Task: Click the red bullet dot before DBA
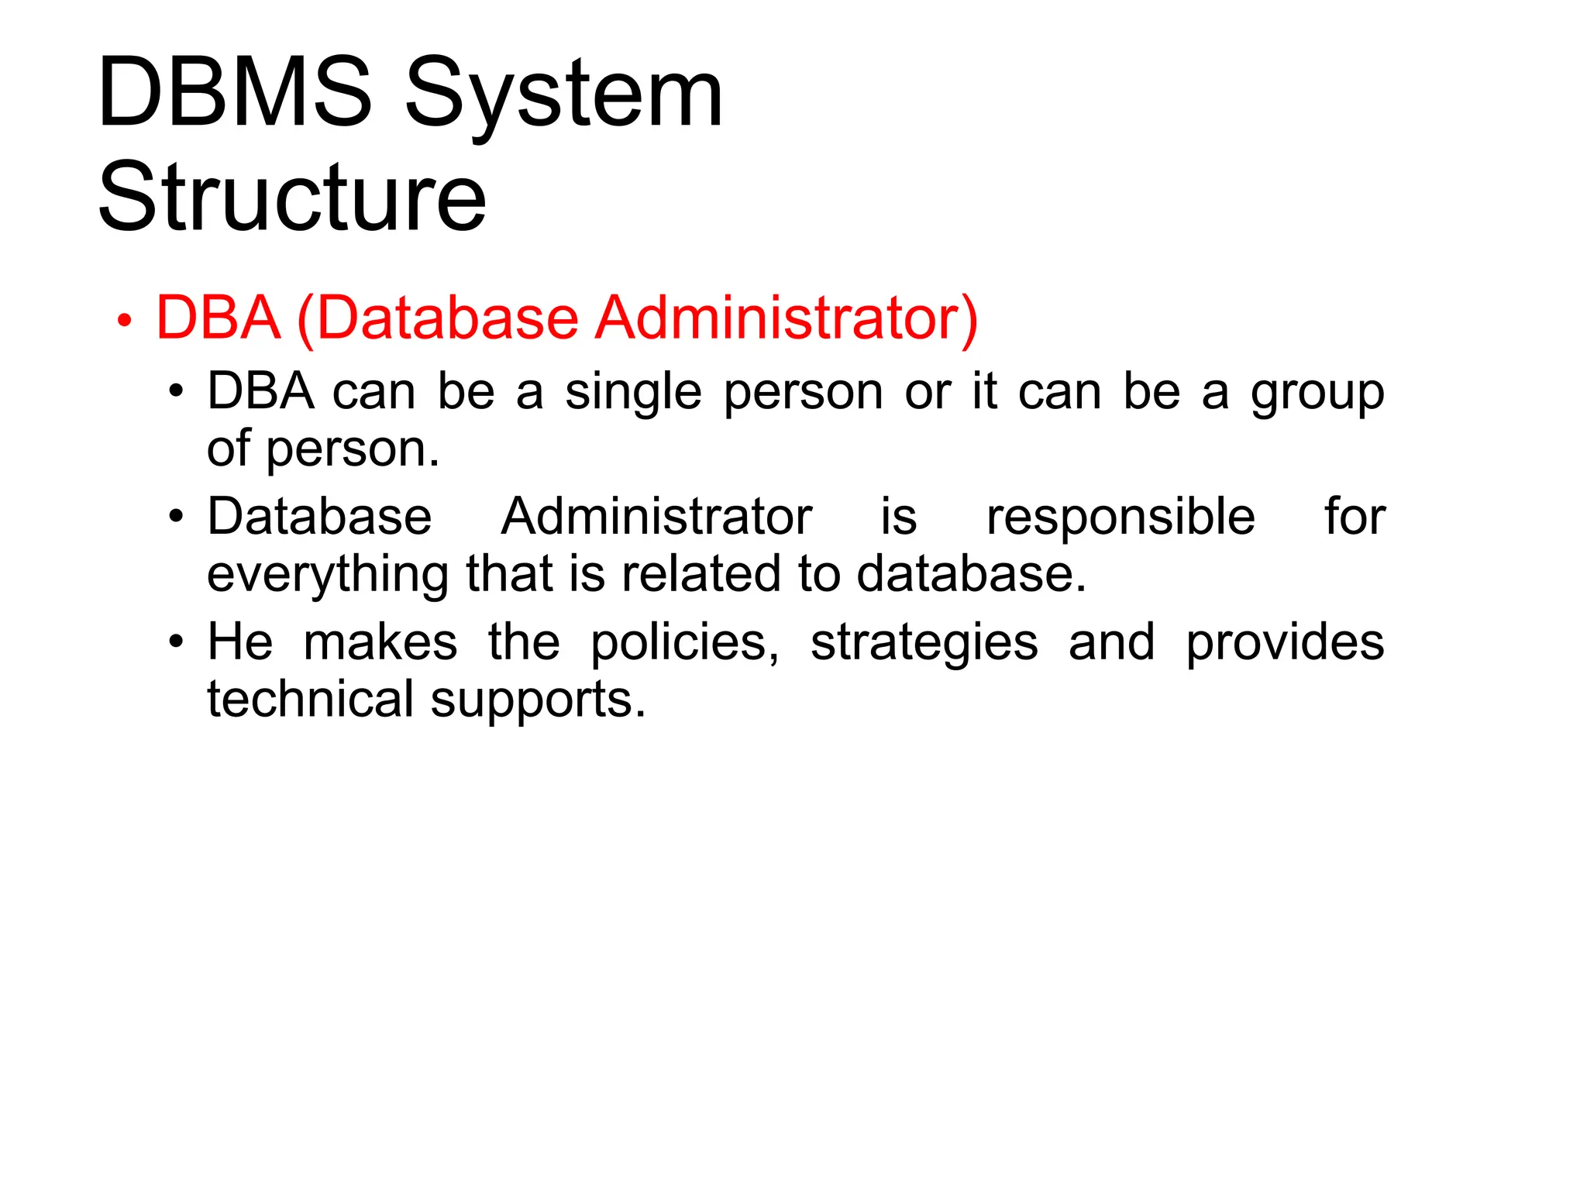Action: click(x=124, y=320)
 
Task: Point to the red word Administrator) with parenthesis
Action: click(x=787, y=318)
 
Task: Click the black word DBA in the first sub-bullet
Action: click(x=260, y=390)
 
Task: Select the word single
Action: click(x=633, y=392)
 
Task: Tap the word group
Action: click(x=1317, y=392)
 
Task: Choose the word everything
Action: click(x=328, y=574)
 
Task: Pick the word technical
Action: click(x=311, y=699)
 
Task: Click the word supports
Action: click(x=538, y=700)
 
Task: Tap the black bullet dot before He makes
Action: click(x=177, y=642)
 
